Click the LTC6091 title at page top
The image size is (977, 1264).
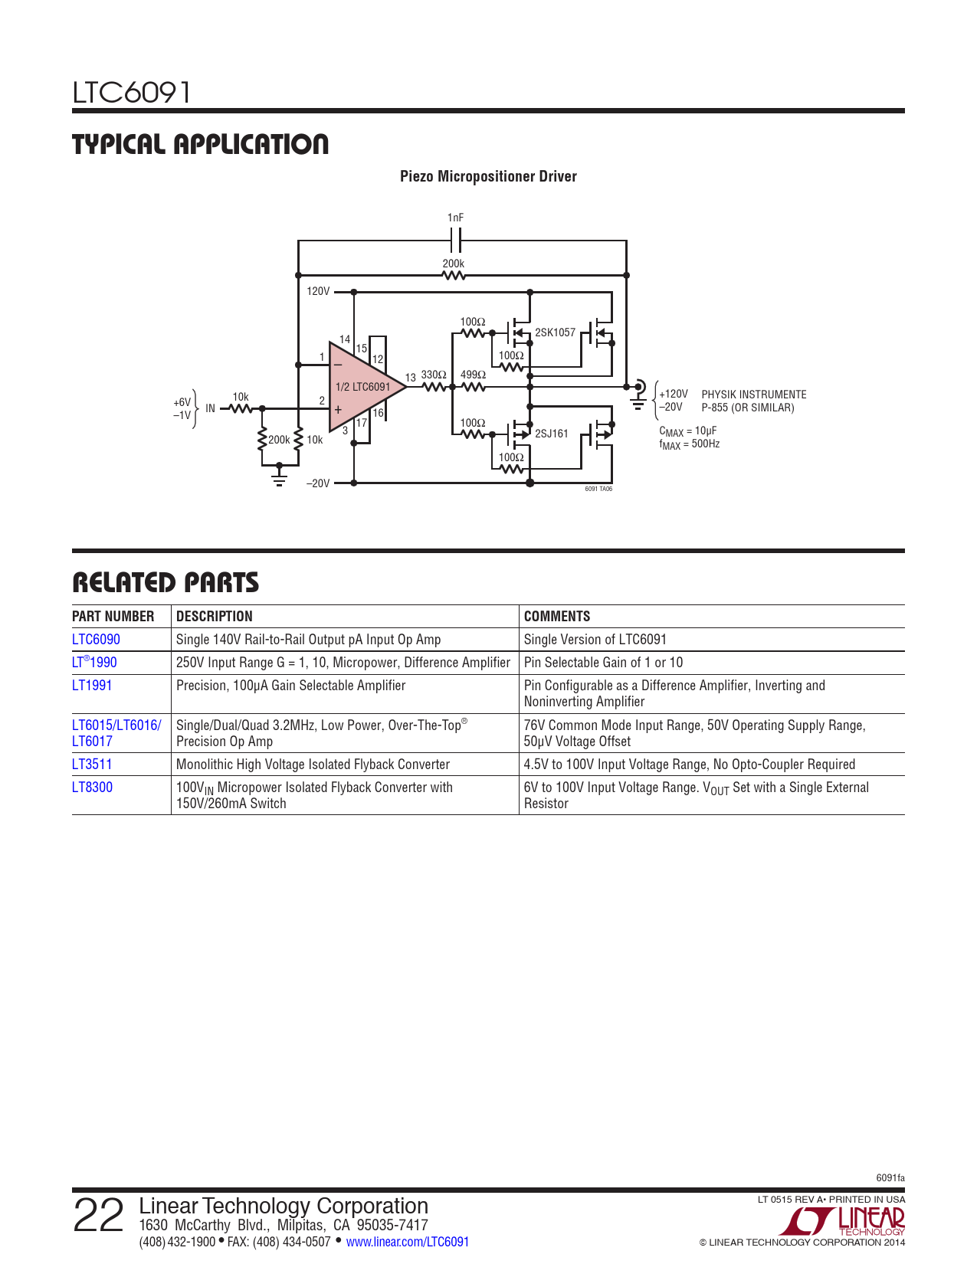click(x=131, y=93)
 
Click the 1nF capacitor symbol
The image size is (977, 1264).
click(x=456, y=241)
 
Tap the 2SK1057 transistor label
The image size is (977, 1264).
click(x=555, y=332)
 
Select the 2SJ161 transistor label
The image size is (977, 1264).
click(x=552, y=434)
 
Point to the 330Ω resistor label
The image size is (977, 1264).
click(x=434, y=375)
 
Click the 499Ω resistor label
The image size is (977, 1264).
click(x=473, y=375)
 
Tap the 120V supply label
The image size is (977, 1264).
click(x=318, y=291)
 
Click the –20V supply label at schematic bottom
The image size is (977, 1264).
click(x=318, y=483)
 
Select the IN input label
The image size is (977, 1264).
click(x=210, y=408)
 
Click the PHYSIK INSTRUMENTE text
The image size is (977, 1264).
click(x=754, y=395)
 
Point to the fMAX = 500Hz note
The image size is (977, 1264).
click(x=689, y=444)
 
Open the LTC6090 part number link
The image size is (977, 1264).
click(x=96, y=640)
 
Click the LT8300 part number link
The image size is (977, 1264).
click(x=92, y=788)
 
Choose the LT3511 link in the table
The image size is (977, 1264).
click(x=92, y=765)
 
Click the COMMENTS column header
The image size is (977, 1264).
click(x=557, y=617)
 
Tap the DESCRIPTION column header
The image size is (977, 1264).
click(x=214, y=617)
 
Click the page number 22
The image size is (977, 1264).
click(x=98, y=1217)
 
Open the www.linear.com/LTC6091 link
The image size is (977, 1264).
click(x=407, y=1242)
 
